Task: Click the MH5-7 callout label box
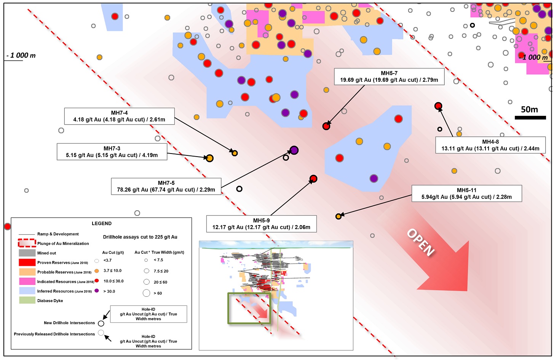389,77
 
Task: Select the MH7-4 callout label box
119,116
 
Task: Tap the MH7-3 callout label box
112,152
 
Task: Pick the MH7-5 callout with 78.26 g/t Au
166,186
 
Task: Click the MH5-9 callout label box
262,224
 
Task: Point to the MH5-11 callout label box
467,194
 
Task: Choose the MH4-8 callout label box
490,145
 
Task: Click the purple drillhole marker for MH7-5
294,150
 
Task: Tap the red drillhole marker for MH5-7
326,126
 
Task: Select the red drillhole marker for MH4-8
438,106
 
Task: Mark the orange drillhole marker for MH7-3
209,158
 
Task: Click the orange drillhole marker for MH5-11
338,217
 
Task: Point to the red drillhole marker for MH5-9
313,179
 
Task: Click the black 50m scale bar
530,118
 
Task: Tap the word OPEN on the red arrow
421,242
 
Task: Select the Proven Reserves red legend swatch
27,262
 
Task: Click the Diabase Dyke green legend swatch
27,300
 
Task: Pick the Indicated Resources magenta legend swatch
27,281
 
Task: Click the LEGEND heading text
102,223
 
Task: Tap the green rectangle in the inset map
228,308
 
